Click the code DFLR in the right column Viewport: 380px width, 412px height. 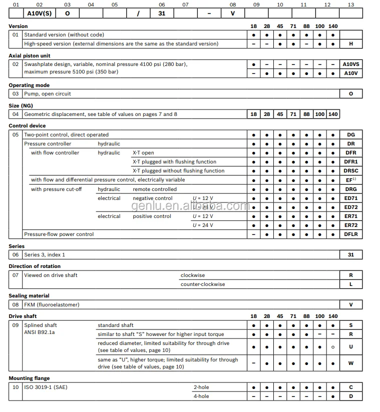pyautogui.click(x=350, y=234)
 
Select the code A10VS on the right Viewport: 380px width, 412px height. pyautogui.click(x=350, y=64)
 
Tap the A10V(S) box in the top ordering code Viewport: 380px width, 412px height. pyautogui.click(x=40, y=13)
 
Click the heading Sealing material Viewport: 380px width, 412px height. pyautogui.click(x=29, y=296)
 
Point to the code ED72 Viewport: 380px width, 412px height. pyautogui.click(x=350, y=207)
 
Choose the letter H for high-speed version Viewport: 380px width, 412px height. pyautogui.click(x=350, y=44)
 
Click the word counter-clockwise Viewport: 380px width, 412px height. pyautogui.click(x=203, y=284)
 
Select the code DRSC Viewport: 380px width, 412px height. pyautogui.click(x=350, y=171)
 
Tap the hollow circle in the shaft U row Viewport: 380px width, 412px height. pyautogui.click(x=333, y=346)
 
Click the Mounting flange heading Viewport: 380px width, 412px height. pyautogui.click(x=29, y=378)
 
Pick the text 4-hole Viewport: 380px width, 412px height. pyautogui.click(x=201, y=396)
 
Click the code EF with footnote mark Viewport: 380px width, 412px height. pyautogui.click(x=350, y=180)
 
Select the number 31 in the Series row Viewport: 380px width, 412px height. pyautogui.click(x=350, y=255)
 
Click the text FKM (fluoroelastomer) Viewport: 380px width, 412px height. pyautogui.click(x=52, y=305)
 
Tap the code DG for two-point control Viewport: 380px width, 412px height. pyautogui.click(x=350, y=135)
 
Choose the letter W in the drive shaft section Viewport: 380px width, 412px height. pyautogui.click(x=350, y=363)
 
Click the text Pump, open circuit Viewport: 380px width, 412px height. pyautogui.click(x=48, y=94)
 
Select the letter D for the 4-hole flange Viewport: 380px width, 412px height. pyautogui.click(x=350, y=396)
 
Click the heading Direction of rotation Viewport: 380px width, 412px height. pyautogui.click(x=35, y=266)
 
